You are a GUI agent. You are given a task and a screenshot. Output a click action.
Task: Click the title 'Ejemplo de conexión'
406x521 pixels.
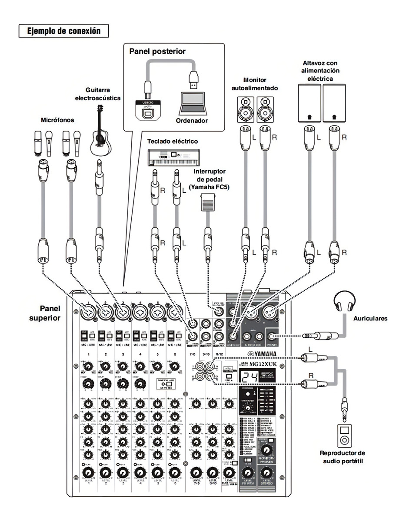pyautogui.click(x=63, y=31)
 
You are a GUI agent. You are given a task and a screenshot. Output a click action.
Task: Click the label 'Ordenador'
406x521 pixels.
pyautogui.click(x=192, y=120)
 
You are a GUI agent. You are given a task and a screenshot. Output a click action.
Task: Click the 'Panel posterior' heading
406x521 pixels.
pyautogui.click(x=157, y=51)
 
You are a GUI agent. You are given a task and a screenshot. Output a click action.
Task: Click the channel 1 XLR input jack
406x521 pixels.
pyautogui.click(x=88, y=312)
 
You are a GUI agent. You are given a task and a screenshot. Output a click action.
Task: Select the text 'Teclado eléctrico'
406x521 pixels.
pyautogui.click(x=173, y=141)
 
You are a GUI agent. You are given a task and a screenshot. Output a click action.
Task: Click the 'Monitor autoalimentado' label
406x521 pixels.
pyautogui.click(x=255, y=84)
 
